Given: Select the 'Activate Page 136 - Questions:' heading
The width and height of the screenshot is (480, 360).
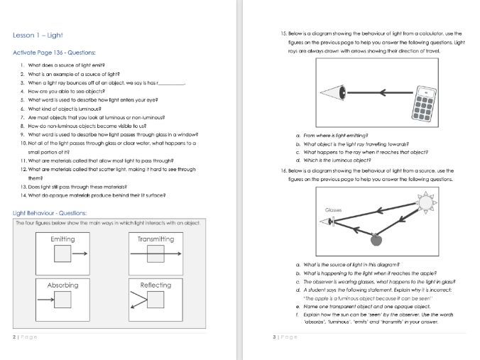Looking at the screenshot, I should (x=55, y=53).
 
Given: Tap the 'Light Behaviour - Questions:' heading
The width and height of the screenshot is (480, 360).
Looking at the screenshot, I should (x=50, y=212).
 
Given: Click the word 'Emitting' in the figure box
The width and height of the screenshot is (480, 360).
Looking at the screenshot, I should (x=62, y=239).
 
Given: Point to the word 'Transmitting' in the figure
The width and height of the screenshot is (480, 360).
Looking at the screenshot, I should (x=156, y=239).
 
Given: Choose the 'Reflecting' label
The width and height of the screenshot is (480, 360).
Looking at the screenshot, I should (x=156, y=285).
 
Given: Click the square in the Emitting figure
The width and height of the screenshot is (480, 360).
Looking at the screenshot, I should (x=62, y=253).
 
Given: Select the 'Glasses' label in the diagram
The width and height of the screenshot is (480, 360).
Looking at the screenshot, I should (x=334, y=211).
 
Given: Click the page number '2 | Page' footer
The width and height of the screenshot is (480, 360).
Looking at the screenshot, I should (x=25, y=337).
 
